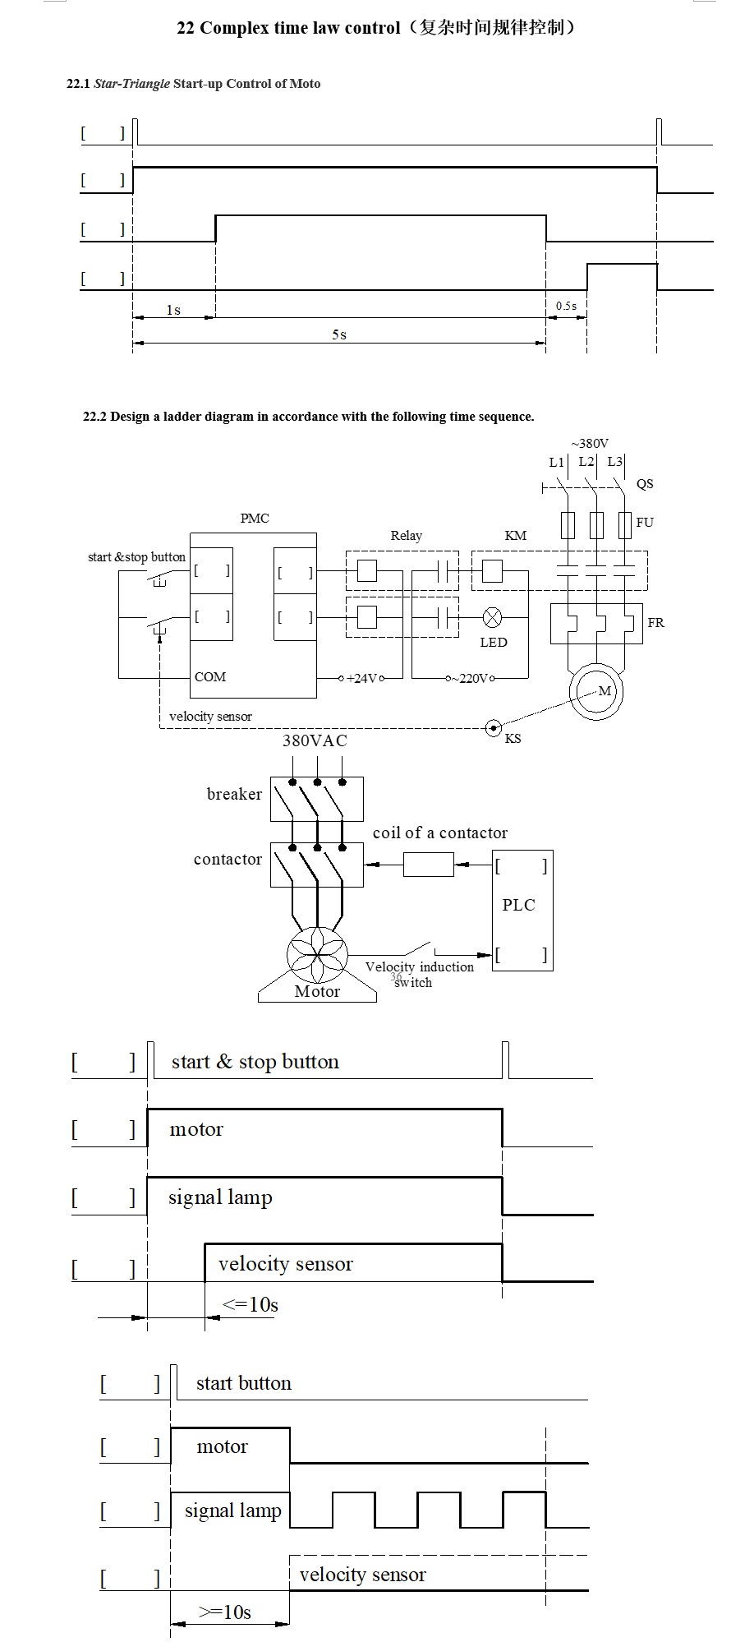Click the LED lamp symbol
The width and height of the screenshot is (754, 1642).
point(492,616)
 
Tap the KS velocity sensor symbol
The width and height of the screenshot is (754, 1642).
point(493,727)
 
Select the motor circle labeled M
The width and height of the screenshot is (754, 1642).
point(597,692)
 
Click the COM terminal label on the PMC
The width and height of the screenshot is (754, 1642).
point(210,676)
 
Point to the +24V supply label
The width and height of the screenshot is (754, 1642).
point(361,678)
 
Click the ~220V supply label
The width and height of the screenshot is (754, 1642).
point(471,678)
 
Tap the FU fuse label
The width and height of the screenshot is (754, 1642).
point(645,522)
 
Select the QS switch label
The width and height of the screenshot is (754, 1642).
point(645,483)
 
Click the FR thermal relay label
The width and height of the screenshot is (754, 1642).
point(655,622)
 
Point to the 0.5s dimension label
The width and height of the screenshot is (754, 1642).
point(566,306)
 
